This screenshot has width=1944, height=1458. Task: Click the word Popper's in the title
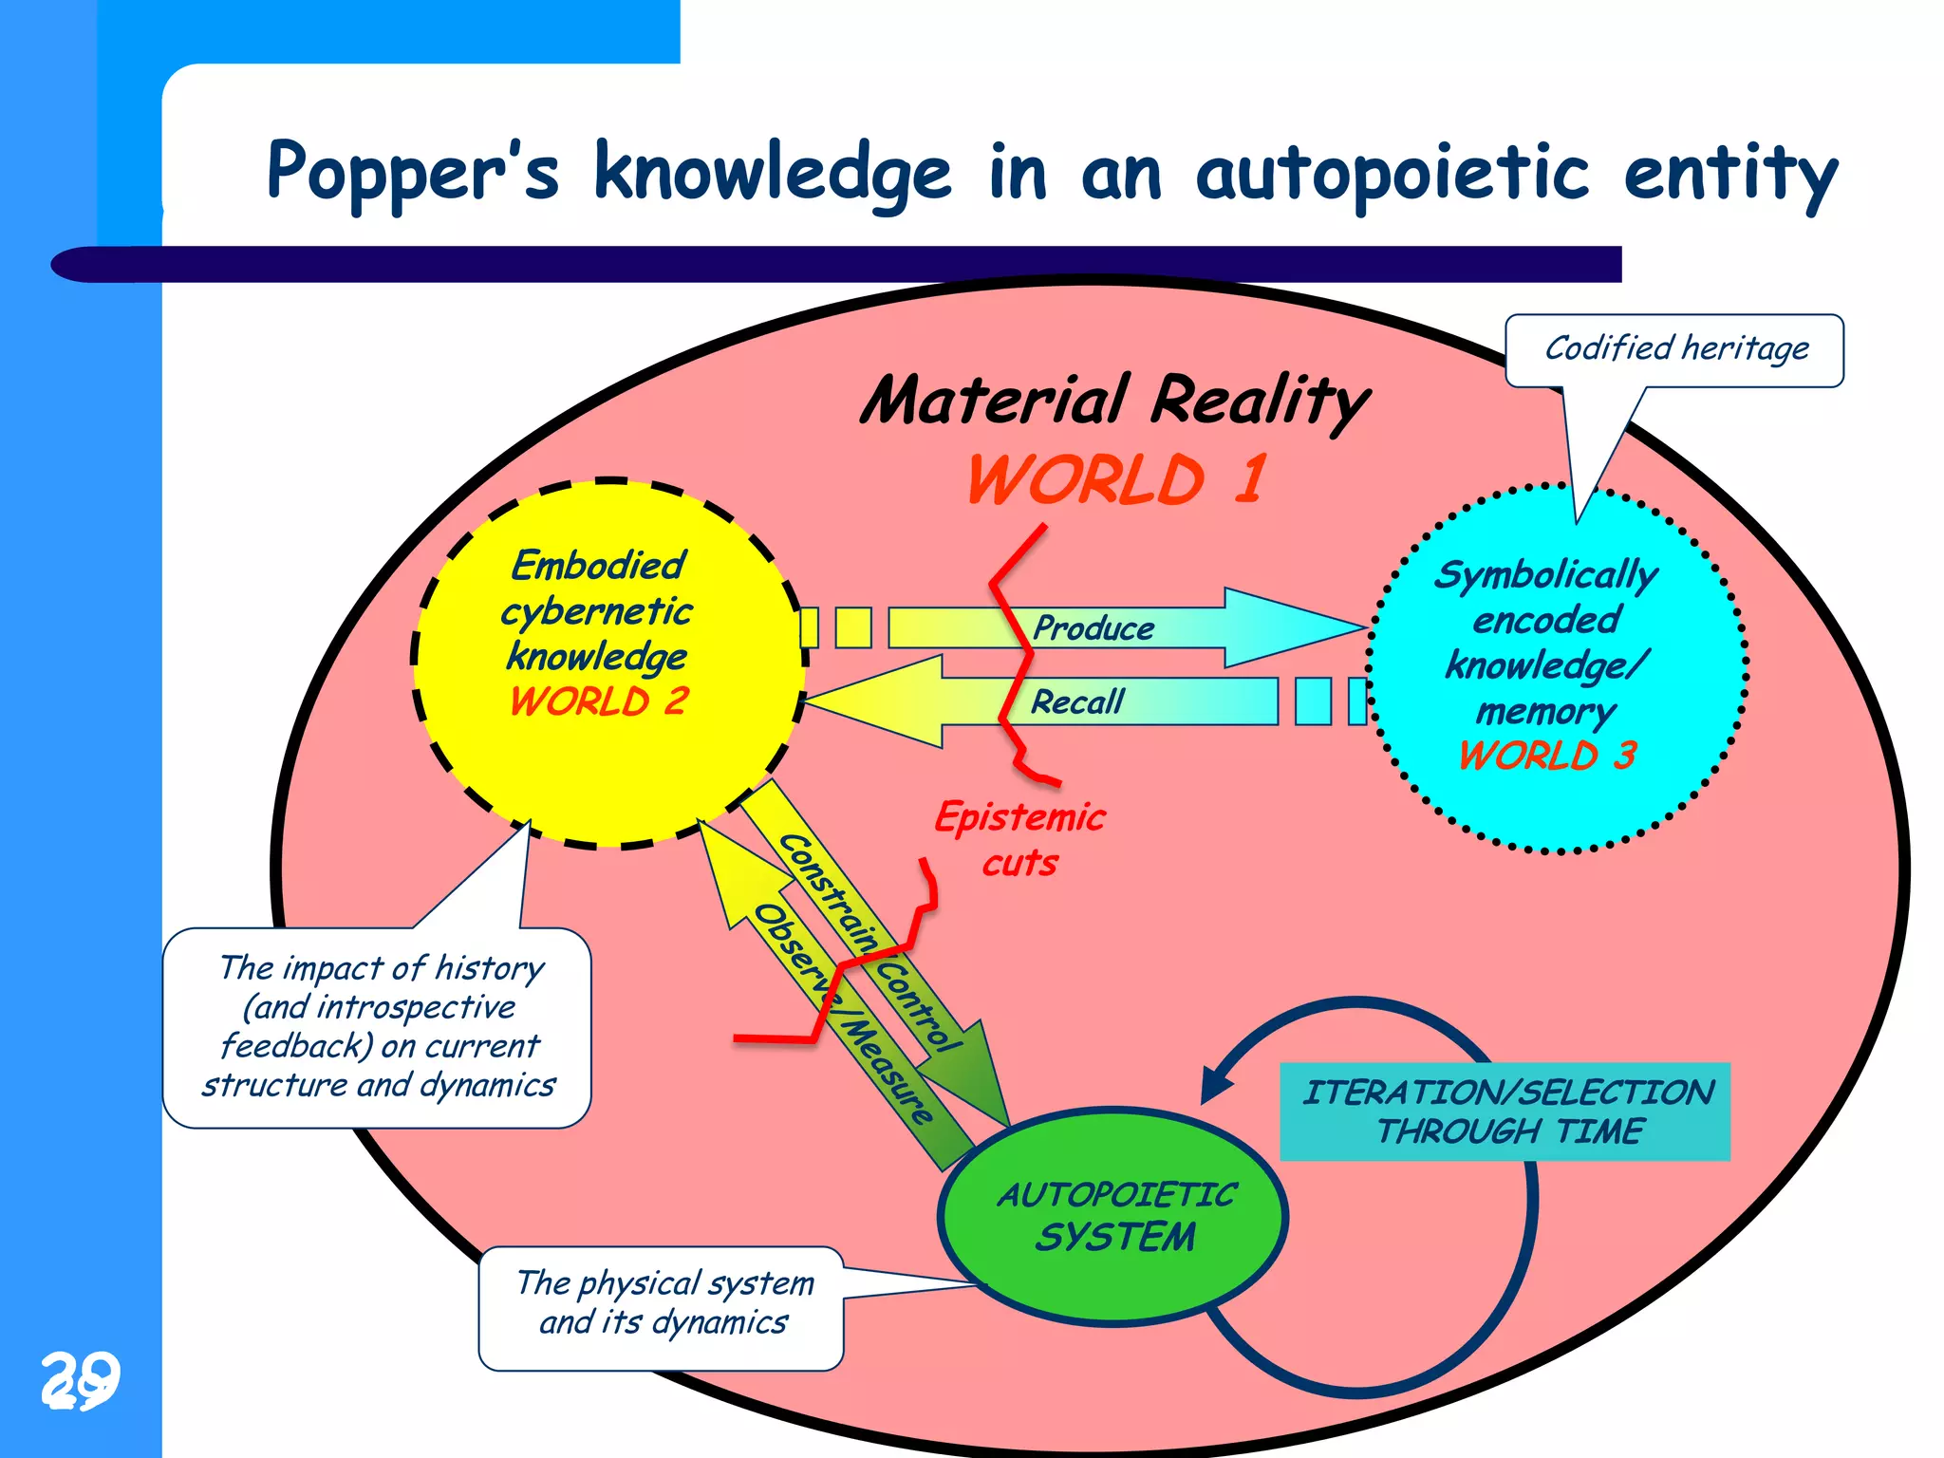click(x=413, y=173)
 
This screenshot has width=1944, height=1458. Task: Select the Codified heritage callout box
click(x=1674, y=349)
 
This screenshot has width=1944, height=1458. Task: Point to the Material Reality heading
click(x=1115, y=400)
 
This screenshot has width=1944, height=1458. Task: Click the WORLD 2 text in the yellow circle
click(x=598, y=701)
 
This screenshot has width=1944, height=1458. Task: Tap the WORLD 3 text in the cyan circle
click(x=1547, y=756)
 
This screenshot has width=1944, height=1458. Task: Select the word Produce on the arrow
click(x=1093, y=628)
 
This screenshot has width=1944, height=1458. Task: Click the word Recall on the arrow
click(x=1077, y=702)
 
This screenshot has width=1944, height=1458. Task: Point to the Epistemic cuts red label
click(x=1020, y=839)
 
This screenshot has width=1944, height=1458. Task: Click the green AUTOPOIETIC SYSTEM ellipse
click(x=1113, y=1216)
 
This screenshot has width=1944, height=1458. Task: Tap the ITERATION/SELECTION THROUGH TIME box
click(x=1505, y=1112)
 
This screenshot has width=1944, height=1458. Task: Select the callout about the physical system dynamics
click(x=662, y=1307)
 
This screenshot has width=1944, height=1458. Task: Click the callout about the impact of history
click(x=377, y=1026)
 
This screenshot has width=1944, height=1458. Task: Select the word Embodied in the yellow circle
click(x=598, y=566)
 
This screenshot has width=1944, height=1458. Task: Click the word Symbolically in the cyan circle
click(x=1546, y=575)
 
